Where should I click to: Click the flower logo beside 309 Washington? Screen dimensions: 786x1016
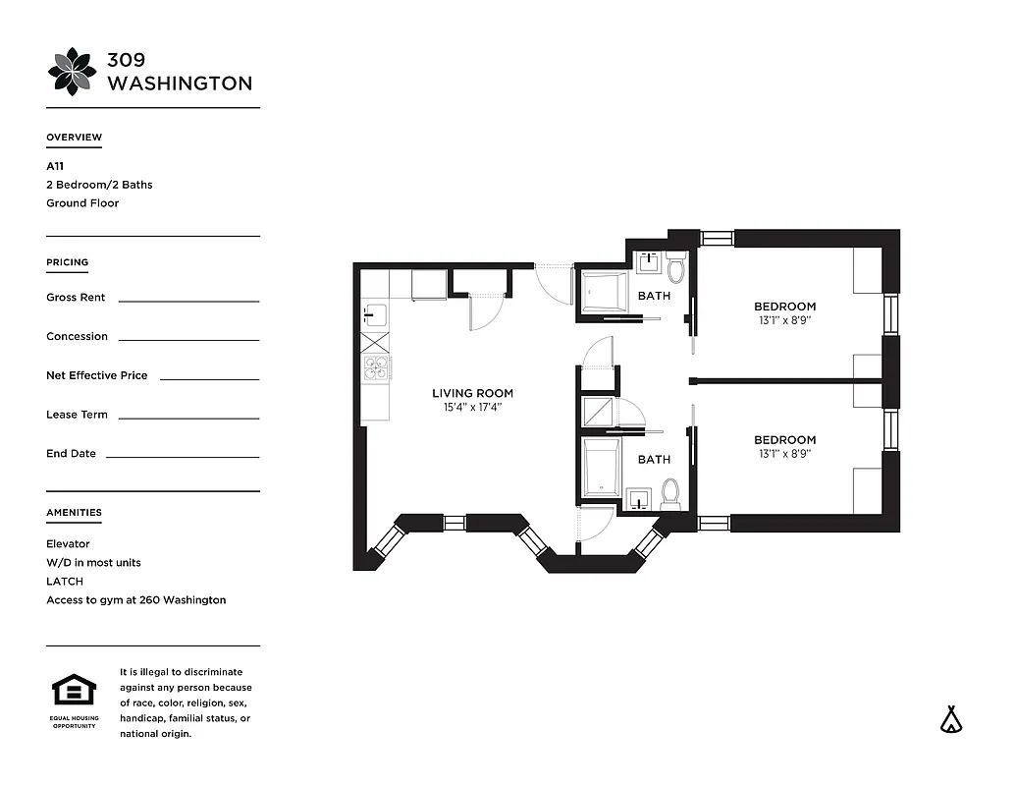coord(73,71)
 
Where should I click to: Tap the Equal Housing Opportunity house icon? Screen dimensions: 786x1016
coord(73,691)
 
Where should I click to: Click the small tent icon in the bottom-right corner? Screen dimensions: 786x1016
coord(949,719)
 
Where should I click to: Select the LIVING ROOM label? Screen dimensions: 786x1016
coord(472,393)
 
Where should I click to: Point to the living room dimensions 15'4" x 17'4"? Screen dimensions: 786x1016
coord(472,407)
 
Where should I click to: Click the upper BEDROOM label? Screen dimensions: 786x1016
coord(784,307)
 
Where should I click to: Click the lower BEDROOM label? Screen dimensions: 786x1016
coord(784,440)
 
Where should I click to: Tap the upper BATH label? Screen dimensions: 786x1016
coord(654,296)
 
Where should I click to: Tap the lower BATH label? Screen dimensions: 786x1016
coord(654,459)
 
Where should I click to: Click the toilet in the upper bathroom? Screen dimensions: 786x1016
coord(675,267)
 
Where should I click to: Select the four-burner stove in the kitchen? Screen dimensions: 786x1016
coord(376,367)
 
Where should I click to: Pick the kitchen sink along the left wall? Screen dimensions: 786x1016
coord(374,315)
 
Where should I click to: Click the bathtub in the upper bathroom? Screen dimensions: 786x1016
coord(603,292)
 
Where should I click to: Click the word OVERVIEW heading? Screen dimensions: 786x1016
coord(74,138)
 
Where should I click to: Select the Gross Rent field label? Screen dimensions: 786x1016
coord(76,298)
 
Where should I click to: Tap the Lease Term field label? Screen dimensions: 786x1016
coord(77,415)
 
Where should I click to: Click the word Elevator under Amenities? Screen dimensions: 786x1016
coord(68,543)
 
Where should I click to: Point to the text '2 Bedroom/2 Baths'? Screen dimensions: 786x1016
coord(99,185)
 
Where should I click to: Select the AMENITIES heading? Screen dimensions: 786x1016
coord(74,512)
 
